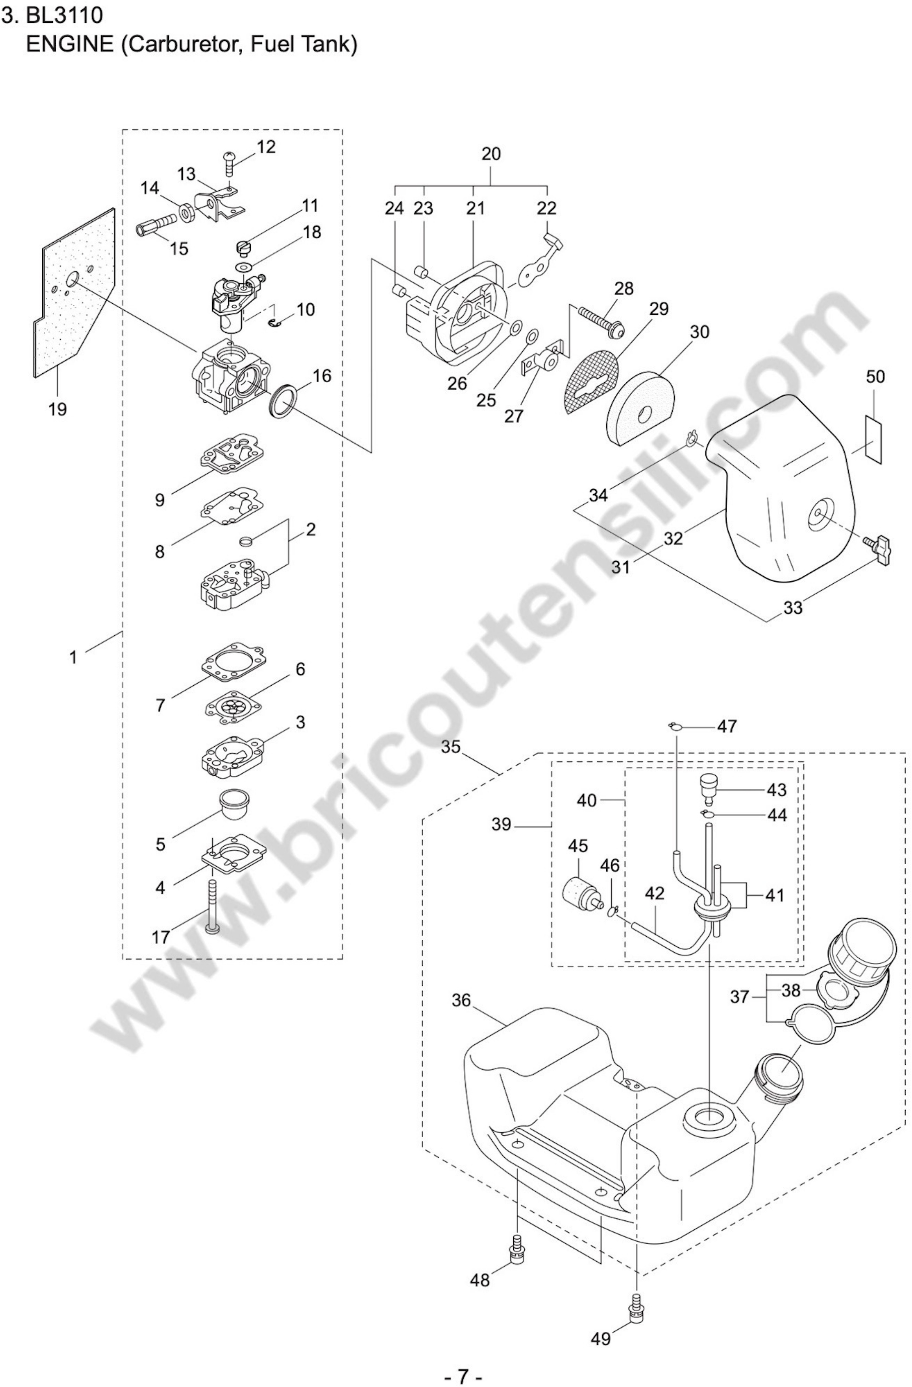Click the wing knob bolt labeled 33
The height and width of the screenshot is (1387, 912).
(x=879, y=550)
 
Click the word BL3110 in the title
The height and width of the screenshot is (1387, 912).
(x=64, y=16)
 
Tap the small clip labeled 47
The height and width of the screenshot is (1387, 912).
(x=675, y=726)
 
